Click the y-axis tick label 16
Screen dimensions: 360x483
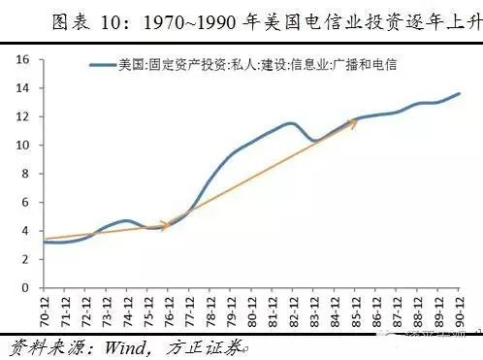tap(25, 60)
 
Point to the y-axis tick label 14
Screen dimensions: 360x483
tap(25, 88)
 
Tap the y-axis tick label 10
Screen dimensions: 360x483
tap(25, 146)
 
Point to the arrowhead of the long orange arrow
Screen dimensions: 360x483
tap(354, 122)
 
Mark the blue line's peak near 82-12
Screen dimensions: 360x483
tap(291, 123)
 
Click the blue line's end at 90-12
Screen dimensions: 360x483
tap(459, 94)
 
